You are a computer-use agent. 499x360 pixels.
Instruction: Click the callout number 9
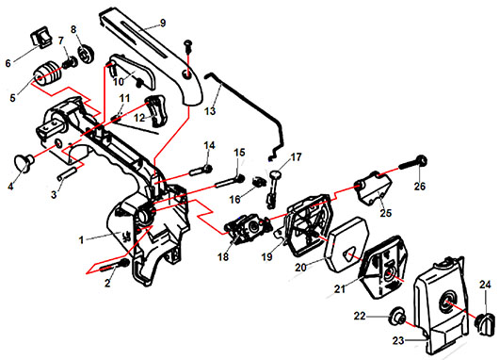tap(162, 23)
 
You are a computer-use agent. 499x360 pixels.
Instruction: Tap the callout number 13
tap(210, 111)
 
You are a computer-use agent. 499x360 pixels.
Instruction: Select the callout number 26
tap(419, 186)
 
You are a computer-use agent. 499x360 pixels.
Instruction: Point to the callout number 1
tap(82, 239)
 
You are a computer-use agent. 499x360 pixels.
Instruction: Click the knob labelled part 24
tap(485, 323)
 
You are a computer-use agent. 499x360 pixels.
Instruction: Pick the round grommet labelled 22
tap(395, 316)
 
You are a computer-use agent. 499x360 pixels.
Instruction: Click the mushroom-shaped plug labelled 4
tap(24, 161)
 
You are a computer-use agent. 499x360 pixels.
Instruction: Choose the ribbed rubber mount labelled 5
tap(48, 74)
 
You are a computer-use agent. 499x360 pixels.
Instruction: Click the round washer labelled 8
tap(86, 55)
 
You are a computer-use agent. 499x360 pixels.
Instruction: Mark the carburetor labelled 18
tap(249, 228)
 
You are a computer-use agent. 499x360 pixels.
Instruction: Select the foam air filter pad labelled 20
tap(346, 244)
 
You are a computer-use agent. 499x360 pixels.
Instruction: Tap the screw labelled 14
tap(201, 170)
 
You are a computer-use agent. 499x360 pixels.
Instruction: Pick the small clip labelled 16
tap(258, 182)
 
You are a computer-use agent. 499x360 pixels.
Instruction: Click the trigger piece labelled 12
tap(156, 110)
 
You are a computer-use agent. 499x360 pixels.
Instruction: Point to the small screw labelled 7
tap(71, 63)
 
